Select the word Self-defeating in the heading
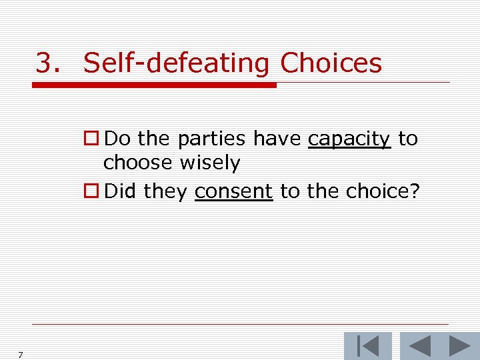tap(176, 63)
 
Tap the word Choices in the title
tap(331, 63)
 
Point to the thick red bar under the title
tap(154, 85)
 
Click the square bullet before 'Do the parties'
tap(92, 139)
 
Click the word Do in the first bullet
tap(118, 139)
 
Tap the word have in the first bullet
tap(277, 139)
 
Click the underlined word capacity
tap(349, 139)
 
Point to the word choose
tap(135, 163)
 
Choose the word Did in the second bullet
tap(121, 192)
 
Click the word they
tap(166, 192)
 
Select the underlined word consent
tap(233, 192)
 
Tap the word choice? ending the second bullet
tap(382, 192)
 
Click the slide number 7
tap(21, 355)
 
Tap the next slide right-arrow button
tap(459, 346)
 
